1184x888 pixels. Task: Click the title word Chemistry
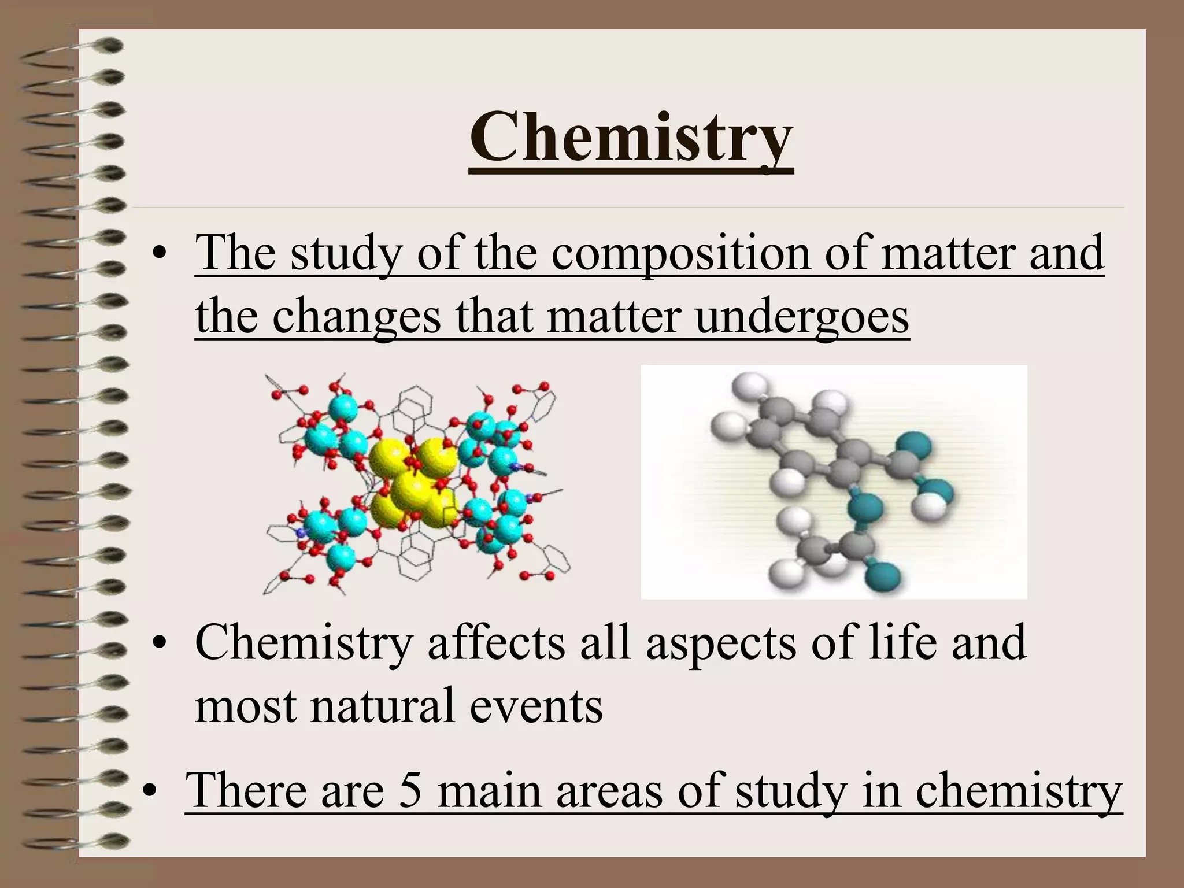[x=631, y=139]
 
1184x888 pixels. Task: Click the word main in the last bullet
[x=489, y=790]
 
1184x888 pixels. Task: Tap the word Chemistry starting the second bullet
[x=304, y=643]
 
